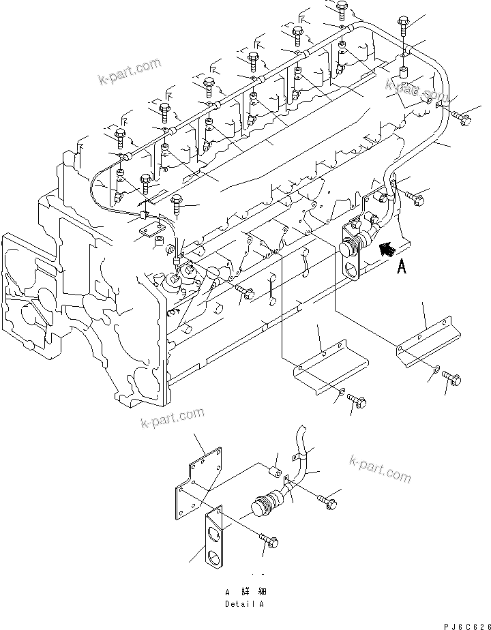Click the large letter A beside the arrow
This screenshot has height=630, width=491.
[x=402, y=268]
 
